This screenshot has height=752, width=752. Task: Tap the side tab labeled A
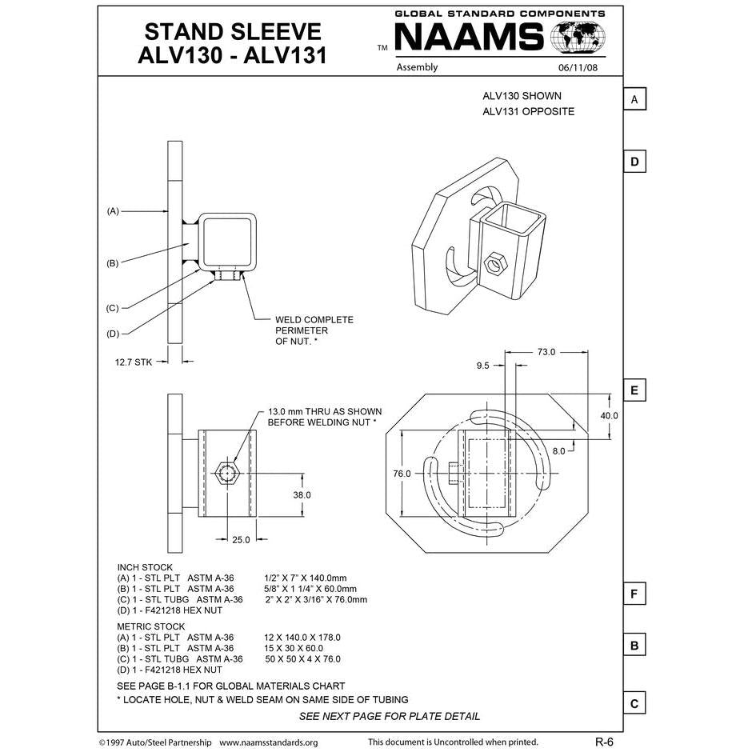coord(634,99)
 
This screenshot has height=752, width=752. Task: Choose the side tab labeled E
coord(634,390)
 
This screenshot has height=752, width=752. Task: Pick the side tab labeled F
coord(634,594)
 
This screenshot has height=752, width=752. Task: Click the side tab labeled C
coord(634,703)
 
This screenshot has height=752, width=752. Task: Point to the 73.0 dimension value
coord(546,352)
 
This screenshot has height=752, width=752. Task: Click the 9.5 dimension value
coord(482,366)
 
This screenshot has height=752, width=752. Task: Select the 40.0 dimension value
coord(610,415)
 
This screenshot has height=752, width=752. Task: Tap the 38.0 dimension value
coord(302,495)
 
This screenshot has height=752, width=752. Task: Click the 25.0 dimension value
coord(241,539)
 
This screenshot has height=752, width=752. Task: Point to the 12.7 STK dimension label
coord(133,362)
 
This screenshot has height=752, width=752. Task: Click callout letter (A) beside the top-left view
coord(113,211)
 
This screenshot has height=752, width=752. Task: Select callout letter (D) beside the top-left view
coord(113,334)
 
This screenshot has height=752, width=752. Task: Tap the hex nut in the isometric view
coord(495,262)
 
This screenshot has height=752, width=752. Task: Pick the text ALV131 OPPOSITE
coord(528,111)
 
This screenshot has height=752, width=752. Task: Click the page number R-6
coord(604,742)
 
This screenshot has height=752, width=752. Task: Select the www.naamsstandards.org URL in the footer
coord(268,742)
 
